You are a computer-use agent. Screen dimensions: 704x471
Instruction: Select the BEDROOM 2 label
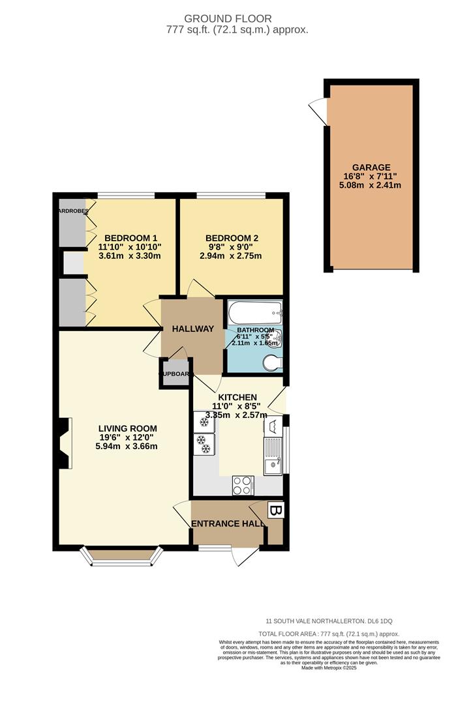(x=231, y=238)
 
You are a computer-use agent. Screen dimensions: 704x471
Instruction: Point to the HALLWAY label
(x=192, y=329)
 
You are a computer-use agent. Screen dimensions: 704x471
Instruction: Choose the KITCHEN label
(x=237, y=397)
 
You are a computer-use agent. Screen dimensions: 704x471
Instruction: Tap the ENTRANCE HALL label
(x=228, y=523)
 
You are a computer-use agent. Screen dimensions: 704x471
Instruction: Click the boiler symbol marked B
(x=276, y=510)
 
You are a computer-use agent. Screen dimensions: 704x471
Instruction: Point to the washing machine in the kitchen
(x=273, y=427)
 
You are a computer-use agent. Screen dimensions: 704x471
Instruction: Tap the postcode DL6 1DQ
(x=382, y=621)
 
